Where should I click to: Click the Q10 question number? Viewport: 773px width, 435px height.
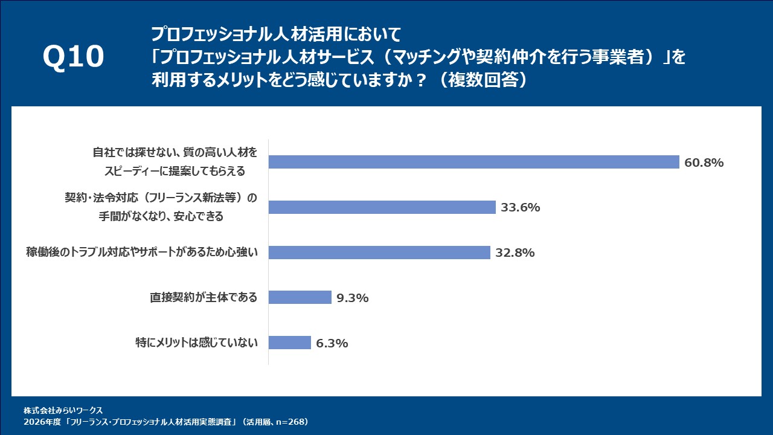73,57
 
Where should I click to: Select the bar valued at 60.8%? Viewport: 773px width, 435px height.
474,162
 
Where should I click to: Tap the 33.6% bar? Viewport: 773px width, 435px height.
382,207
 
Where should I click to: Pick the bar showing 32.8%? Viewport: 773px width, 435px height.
379,253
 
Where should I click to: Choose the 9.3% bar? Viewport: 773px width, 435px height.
300,297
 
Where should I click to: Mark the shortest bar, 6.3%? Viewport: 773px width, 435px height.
289,343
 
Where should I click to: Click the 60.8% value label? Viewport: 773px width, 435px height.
704,163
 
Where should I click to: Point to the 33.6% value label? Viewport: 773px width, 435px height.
520,208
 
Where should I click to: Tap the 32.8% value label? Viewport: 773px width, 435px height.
515,253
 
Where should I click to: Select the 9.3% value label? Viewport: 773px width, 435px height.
353,298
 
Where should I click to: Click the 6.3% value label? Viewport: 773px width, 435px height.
332,343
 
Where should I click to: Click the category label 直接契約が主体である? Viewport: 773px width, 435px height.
204,297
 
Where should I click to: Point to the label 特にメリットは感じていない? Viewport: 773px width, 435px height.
197,343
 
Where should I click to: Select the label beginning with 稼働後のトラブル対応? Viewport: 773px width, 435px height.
142,252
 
